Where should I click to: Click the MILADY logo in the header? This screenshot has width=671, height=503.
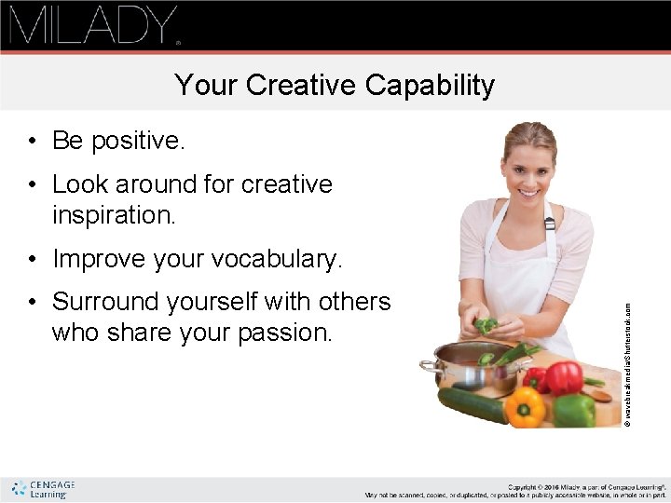click(x=93, y=25)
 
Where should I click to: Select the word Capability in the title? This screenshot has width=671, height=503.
click(x=431, y=86)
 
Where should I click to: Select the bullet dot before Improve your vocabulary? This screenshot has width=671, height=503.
click(x=33, y=259)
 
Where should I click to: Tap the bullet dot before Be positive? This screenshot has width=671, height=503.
click(x=33, y=142)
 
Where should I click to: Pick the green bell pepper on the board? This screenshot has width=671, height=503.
click(x=574, y=410)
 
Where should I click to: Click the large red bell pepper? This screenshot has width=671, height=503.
click(x=564, y=377)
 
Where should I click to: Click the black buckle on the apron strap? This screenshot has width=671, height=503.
click(x=549, y=224)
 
